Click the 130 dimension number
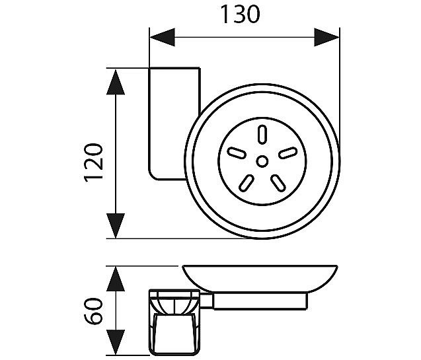pyautogui.click(x=240, y=15)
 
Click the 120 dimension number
pyautogui.click(x=94, y=163)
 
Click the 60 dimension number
pyautogui.click(x=93, y=311)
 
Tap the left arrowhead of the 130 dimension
pyautogui.click(x=162, y=37)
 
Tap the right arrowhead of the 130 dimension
pyautogui.click(x=326, y=37)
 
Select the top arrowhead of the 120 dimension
pyautogui.click(x=116, y=82)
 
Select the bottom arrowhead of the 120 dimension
pyautogui.click(x=116, y=226)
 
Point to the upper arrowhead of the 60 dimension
pyautogui.click(x=116, y=279)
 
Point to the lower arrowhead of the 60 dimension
pyautogui.click(x=116, y=342)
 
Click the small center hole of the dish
pyautogui.click(x=262, y=161)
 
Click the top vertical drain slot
pyautogui.click(x=262, y=134)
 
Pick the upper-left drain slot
pyautogui.click(x=237, y=153)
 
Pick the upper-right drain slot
pyautogui.click(x=288, y=153)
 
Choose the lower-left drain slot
pyautogui.click(x=247, y=183)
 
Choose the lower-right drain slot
pyautogui.click(x=278, y=183)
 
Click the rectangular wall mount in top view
pyautogui.click(x=174, y=124)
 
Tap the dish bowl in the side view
pyautogui.click(x=260, y=279)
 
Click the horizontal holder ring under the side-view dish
pyautogui.click(x=260, y=301)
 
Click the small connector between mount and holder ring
pyautogui.click(x=206, y=301)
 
